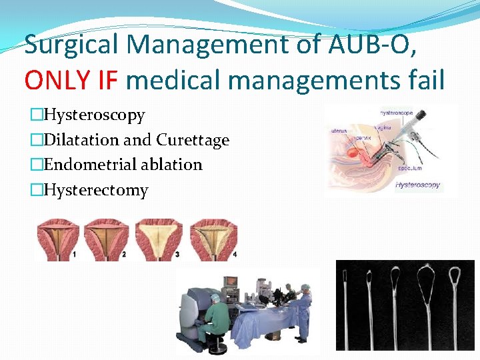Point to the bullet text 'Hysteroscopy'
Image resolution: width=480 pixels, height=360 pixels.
pos(93,115)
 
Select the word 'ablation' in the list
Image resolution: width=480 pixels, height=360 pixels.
pos(173,165)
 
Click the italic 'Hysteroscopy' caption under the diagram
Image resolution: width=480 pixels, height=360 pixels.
pos(418,185)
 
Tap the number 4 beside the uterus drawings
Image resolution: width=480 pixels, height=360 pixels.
pos(235,255)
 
